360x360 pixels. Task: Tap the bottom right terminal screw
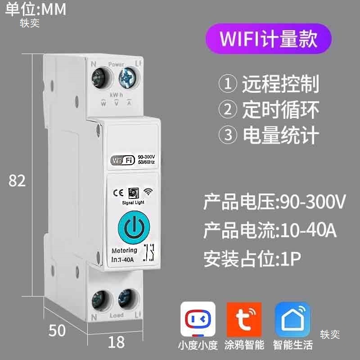point(126,299)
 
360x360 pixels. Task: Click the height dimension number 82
point(17,180)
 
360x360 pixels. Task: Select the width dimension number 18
point(116,342)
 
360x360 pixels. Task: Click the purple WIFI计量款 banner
point(269,39)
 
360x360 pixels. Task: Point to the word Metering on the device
point(124,250)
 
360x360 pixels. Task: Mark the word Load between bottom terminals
point(116,315)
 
